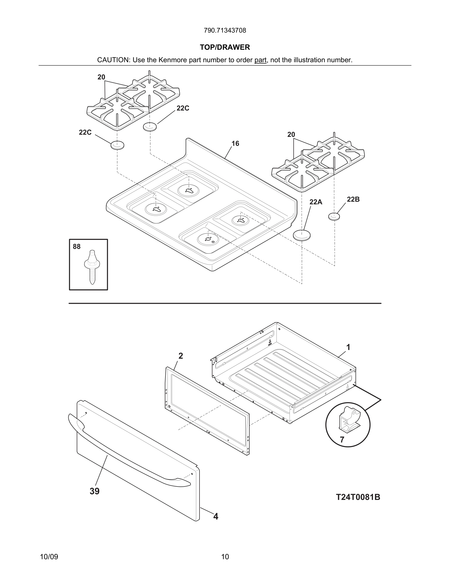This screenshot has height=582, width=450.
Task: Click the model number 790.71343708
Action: (225, 30)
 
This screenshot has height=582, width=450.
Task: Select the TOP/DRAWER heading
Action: (225, 47)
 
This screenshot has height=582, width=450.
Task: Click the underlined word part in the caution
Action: (260, 60)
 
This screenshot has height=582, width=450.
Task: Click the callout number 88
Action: (76, 246)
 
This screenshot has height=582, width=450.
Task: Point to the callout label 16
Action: (235, 144)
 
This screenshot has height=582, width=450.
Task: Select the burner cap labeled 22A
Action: (302, 235)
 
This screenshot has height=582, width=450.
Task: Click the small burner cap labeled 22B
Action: (334, 216)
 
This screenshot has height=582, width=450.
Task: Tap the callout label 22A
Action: (316, 202)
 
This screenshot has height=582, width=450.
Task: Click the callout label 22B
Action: (353, 199)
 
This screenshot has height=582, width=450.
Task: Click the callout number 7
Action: (342, 440)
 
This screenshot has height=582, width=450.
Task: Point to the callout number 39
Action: (94, 491)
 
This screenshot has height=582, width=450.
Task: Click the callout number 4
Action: (216, 516)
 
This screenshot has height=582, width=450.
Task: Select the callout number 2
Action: (180, 356)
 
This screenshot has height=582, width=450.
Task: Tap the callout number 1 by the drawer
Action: (348, 347)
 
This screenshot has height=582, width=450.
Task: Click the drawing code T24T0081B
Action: (358, 497)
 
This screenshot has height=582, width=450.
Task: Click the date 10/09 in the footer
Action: (49, 557)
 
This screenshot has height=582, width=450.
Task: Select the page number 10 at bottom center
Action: (225, 557)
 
